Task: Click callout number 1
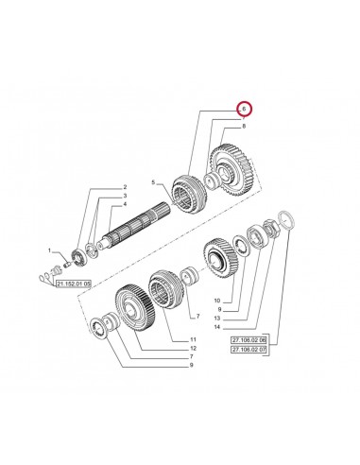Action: [49, 250]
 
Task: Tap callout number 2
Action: [125, 186]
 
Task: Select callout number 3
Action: [125, 196]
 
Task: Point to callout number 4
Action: [125, 204]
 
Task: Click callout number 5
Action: [153, 182]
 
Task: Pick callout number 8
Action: [244, 127]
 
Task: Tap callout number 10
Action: [217, 301]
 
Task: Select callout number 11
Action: [193, 339]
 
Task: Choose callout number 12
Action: [193, 348]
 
